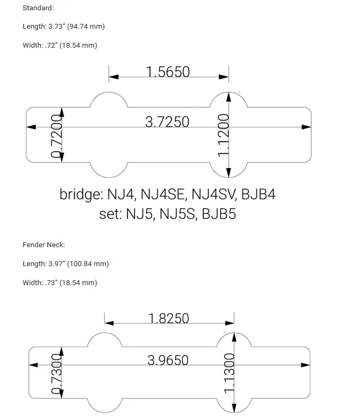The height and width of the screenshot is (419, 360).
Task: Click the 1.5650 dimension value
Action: [x=168, y=72]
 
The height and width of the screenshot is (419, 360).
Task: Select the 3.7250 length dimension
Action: [x=167, y=122]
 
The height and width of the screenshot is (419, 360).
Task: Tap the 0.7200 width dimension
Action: [x=56, y=136]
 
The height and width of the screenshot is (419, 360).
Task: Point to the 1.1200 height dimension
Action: [x=223, y=135]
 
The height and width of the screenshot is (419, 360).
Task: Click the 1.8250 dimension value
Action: [x=169, y=318]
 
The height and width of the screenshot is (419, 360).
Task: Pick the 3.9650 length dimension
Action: [x=168, y=360]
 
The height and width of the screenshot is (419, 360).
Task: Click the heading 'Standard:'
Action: [x=38, y=8]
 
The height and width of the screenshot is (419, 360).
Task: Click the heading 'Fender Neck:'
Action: [x=44, y=245]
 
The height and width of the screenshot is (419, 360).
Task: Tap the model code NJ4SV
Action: [x=213, y=195]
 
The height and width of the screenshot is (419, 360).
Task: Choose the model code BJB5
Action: [x=218, y=214]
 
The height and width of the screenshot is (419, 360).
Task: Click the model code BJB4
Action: [x=258, y=195]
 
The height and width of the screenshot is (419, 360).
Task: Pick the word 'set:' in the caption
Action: [x=111, y=214]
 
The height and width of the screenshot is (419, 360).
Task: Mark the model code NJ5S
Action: [x=178, y=214]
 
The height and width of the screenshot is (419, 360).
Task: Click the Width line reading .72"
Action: [x=60, y=46]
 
